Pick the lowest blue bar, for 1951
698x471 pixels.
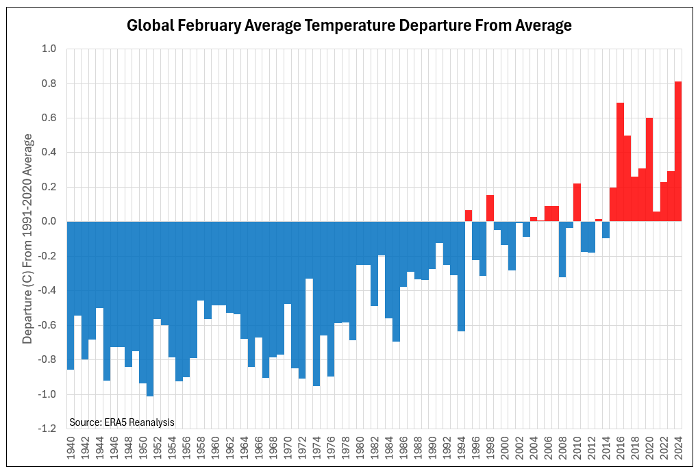click(150, 309)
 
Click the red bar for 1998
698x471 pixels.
click(490, 208)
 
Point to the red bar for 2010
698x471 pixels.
click(577, 203)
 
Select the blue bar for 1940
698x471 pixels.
click(71, 295)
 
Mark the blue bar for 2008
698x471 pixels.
click(562, 249)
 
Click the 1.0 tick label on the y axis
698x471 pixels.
click(49, 49)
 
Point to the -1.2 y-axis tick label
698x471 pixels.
click(47, 429)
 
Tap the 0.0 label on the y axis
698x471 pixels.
click(49, 222)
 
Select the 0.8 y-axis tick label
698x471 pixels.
click(49, 84)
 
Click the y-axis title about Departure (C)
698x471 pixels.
click(28, 239)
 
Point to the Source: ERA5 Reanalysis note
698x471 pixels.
click(122, 422)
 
